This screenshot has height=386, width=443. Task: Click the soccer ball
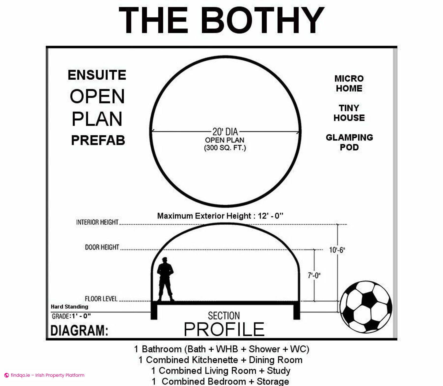[x=366, y=307]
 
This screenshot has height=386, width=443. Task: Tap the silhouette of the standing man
[x=165, y=279]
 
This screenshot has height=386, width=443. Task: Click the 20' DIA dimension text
[x=225, y=132]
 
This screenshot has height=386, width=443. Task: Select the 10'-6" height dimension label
[x=337, y=250]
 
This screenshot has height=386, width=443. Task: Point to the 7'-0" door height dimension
[x=314, y=275]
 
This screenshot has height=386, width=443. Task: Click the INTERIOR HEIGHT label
[x=97, y=222]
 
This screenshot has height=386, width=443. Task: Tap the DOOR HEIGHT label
[x=102, y=247]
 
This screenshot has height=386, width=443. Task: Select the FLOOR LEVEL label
[x=101, y=299]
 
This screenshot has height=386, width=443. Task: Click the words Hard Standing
[x=69, y=307]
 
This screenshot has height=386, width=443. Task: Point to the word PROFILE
[x=224, y=329]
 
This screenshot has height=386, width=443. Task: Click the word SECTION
[x=224, y=316]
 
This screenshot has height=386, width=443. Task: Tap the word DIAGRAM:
[x=79, y=330]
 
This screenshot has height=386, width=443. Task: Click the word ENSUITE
[x=97, y=75]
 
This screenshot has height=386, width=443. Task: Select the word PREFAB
[x=98, y=140]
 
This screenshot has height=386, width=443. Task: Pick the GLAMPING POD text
[x=349, y=142]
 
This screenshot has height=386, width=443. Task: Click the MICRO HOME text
[x=349, y=83]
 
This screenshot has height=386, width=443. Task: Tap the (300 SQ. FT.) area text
[x=225, y=148]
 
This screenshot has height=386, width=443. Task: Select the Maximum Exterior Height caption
[x=220, y=216]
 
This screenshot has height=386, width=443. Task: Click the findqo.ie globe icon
[x=7, y=375]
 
